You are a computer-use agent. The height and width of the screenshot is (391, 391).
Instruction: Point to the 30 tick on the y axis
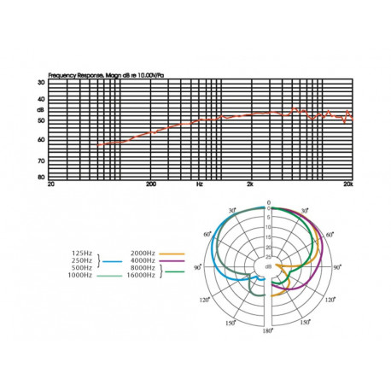[x=41, y=83]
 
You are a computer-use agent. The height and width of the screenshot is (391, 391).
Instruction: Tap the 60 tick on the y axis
[x=41, y=139]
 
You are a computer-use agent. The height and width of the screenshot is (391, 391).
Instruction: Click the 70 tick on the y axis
[x=41, y=160]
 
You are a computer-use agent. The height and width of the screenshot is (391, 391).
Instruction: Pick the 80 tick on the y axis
[x=41, y=177]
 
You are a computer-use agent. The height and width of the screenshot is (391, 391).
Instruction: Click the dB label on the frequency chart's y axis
[x=40, y=111]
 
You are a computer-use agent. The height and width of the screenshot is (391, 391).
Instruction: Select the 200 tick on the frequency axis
[x=151, y=184]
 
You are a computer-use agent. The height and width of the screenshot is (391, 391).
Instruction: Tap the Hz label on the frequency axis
[x=200, y=184]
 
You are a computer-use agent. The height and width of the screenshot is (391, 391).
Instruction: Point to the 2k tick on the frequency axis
[x=249, y=184]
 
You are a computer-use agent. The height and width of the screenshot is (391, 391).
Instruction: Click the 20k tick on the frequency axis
[x=347, y=184]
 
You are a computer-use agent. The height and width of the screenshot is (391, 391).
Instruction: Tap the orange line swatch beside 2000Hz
[x=172, y=254]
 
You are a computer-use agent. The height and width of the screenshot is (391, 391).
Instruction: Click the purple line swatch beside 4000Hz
[x=172, y=261]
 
